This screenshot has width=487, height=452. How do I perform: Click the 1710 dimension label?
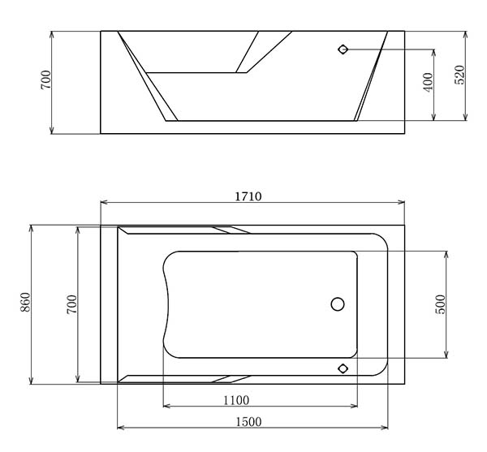pos(248,196)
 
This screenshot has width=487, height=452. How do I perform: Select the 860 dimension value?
pos(25,303)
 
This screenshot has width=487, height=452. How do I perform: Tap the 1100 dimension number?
pos(236,400)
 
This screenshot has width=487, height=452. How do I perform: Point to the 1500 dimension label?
pos(249,422)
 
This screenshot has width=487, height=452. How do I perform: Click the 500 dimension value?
pos(441,304)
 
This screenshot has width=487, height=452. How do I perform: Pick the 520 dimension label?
pos(459,75)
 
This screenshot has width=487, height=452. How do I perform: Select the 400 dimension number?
pos(428,82)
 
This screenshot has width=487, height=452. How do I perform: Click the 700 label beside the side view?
pos(45,80)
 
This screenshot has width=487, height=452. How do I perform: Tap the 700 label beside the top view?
pos(71,304)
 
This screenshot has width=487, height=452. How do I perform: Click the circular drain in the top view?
pos(338,304)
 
